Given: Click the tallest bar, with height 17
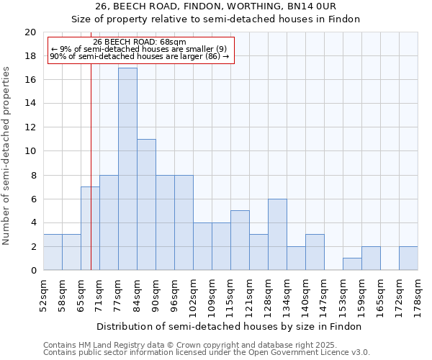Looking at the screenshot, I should coord(127,169).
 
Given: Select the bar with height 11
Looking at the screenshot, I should coord(146,204).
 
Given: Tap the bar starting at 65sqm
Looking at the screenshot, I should coord(90,228).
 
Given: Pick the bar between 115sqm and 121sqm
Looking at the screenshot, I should coord(240,240).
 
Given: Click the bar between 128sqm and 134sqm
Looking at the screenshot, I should coord(277,235).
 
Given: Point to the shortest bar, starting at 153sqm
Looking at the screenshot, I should coord(352,264).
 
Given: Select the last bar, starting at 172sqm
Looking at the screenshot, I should coord(408,258).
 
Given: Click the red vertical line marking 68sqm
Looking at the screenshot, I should coord(91,180).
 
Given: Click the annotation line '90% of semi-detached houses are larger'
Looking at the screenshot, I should coord(140,55).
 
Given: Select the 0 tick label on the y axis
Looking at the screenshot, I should coord(33,271).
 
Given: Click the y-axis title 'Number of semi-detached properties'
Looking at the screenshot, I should coord(6,156).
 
